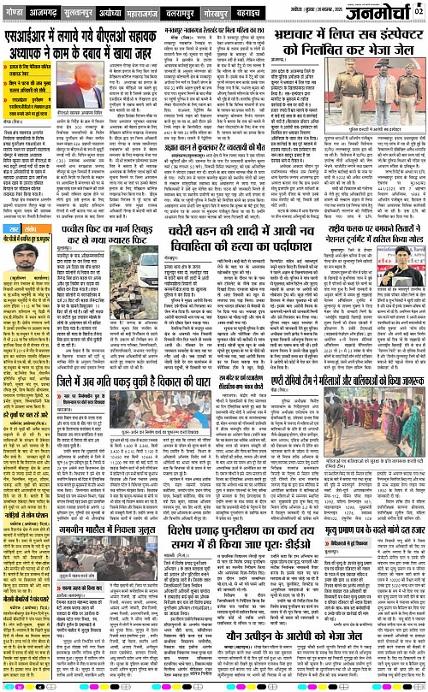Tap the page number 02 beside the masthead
420,9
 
